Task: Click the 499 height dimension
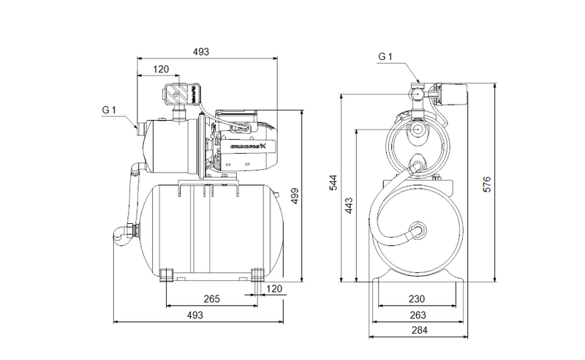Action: [x=295, y=195]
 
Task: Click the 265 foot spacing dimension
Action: [x=211, y=299]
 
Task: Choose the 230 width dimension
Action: [x=418, y=299]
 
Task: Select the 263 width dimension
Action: [x=418, y=315]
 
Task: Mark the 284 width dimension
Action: [x=418, y=330]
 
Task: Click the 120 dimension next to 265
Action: [x=273, y=289]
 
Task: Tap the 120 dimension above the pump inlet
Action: [x=161, y=70]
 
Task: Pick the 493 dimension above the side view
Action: [x=201, y=52]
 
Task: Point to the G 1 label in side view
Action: [x=109, y=110]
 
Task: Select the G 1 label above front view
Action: [x=386, y=56]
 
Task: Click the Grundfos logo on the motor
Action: [x=248, y=148]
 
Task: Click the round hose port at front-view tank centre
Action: [x=418, y=229]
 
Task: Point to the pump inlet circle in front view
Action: [x=418, y=129]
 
